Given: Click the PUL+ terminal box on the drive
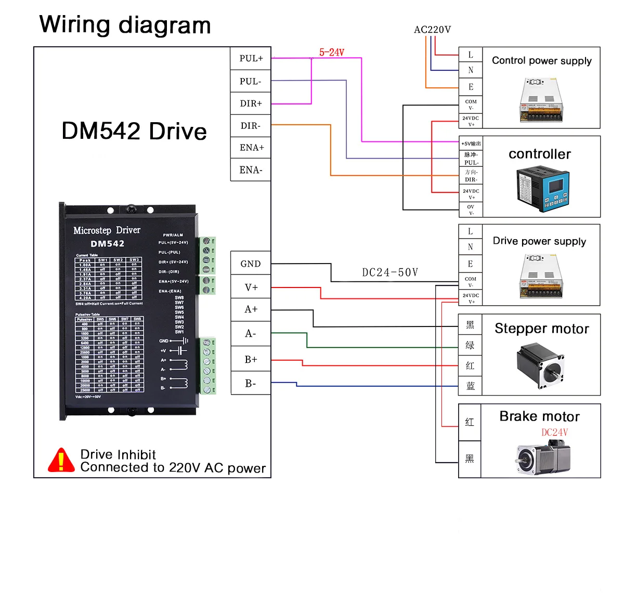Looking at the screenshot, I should (x=251, y=58).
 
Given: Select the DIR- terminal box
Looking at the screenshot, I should (x=251, y=126).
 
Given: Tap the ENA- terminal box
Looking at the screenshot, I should (x=251, y=170).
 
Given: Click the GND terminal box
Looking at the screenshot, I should (x=251, y=264).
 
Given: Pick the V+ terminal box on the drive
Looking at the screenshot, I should (x=251, y=287).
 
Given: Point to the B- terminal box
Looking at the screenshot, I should (x=251, y=384).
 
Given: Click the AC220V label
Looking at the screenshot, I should (x=432, y=30).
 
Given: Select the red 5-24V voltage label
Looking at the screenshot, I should (x=332, y=53).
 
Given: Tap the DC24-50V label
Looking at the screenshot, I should (x=390, y=272).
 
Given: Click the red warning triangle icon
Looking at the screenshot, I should (x=61, y=461).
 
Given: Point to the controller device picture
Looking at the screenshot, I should (x=541, y=189).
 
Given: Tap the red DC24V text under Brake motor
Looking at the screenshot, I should (x=554, y=433).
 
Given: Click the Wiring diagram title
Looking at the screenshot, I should (x=125, y=25).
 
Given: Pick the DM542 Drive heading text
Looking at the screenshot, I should (x=134, y=131).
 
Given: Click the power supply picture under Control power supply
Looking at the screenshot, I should (x=541, y=100).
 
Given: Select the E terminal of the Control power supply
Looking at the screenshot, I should (x=471, y=87).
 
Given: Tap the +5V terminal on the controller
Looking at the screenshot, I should (x=471, y=143).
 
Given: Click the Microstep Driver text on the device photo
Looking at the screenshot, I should (x=107, y=230).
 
